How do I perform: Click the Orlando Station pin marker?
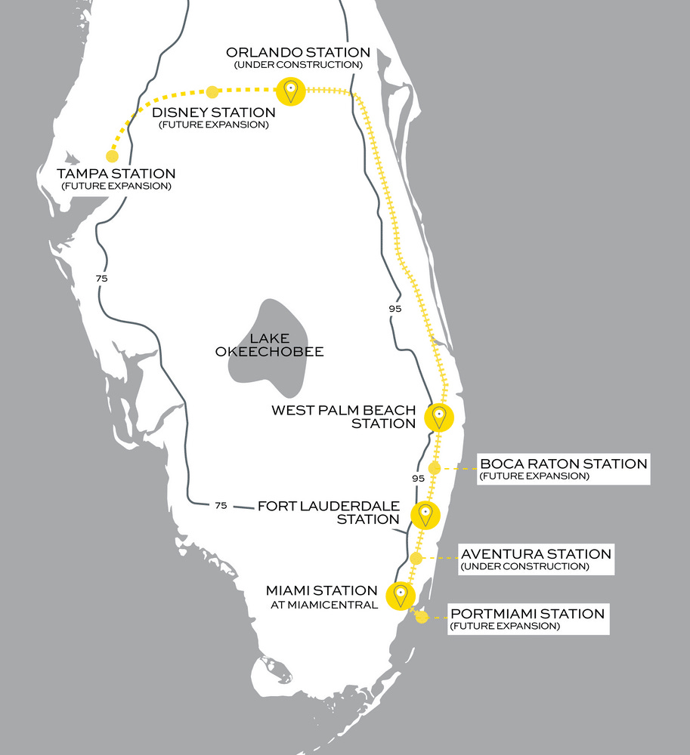tap(289, 91)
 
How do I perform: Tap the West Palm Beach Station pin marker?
tap(438, 417)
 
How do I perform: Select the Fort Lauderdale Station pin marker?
tap(425, 515)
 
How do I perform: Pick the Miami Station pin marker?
tap(400, 595)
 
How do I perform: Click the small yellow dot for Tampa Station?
tap(112, 156)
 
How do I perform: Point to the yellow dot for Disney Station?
tap(212, 92)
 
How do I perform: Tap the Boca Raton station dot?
tap(434, 468)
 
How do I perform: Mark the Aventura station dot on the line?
tap(416, 558)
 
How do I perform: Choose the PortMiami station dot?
tap(422, 617)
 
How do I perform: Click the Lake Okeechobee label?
tap(280, 345)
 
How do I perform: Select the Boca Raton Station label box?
tap(563, 469)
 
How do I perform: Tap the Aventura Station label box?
tap(536, 559)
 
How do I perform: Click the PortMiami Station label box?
tap(527, 619)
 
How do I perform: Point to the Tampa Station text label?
tap(116, 174)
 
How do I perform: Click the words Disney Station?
tap(213, 112)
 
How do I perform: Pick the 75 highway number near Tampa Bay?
tap(102, 279)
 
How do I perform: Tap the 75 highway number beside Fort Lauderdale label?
tap(220, 505)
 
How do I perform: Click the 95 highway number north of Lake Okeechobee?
tap(395, 308)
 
